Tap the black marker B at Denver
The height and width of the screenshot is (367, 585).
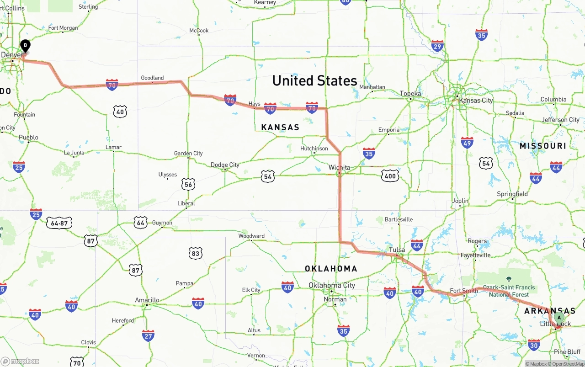coord(25,46)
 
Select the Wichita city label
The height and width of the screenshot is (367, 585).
coord(339,168)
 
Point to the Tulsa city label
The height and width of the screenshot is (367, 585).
coord(397,250)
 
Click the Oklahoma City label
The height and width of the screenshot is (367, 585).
coord(331,285)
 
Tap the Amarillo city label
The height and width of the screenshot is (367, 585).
coord(147,300)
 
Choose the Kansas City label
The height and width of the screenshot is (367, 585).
coord(476,101)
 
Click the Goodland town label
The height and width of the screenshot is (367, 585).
coord(152,78)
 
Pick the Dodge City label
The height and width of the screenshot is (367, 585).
coord(225,165)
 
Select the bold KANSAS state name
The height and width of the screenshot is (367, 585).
coord(280,127)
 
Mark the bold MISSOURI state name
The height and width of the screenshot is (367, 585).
coord(542,146)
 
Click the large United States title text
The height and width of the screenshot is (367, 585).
coord(314,81)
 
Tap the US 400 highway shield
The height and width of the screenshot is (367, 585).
coord(390,176)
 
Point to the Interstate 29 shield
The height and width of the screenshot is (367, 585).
coord(437,46)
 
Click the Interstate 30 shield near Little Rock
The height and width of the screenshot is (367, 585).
coord(533,345)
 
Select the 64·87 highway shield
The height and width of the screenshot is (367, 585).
coord(59,223)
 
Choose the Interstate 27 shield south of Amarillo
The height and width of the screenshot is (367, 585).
coord(148,336)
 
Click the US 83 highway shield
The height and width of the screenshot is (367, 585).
coord(196,253)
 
